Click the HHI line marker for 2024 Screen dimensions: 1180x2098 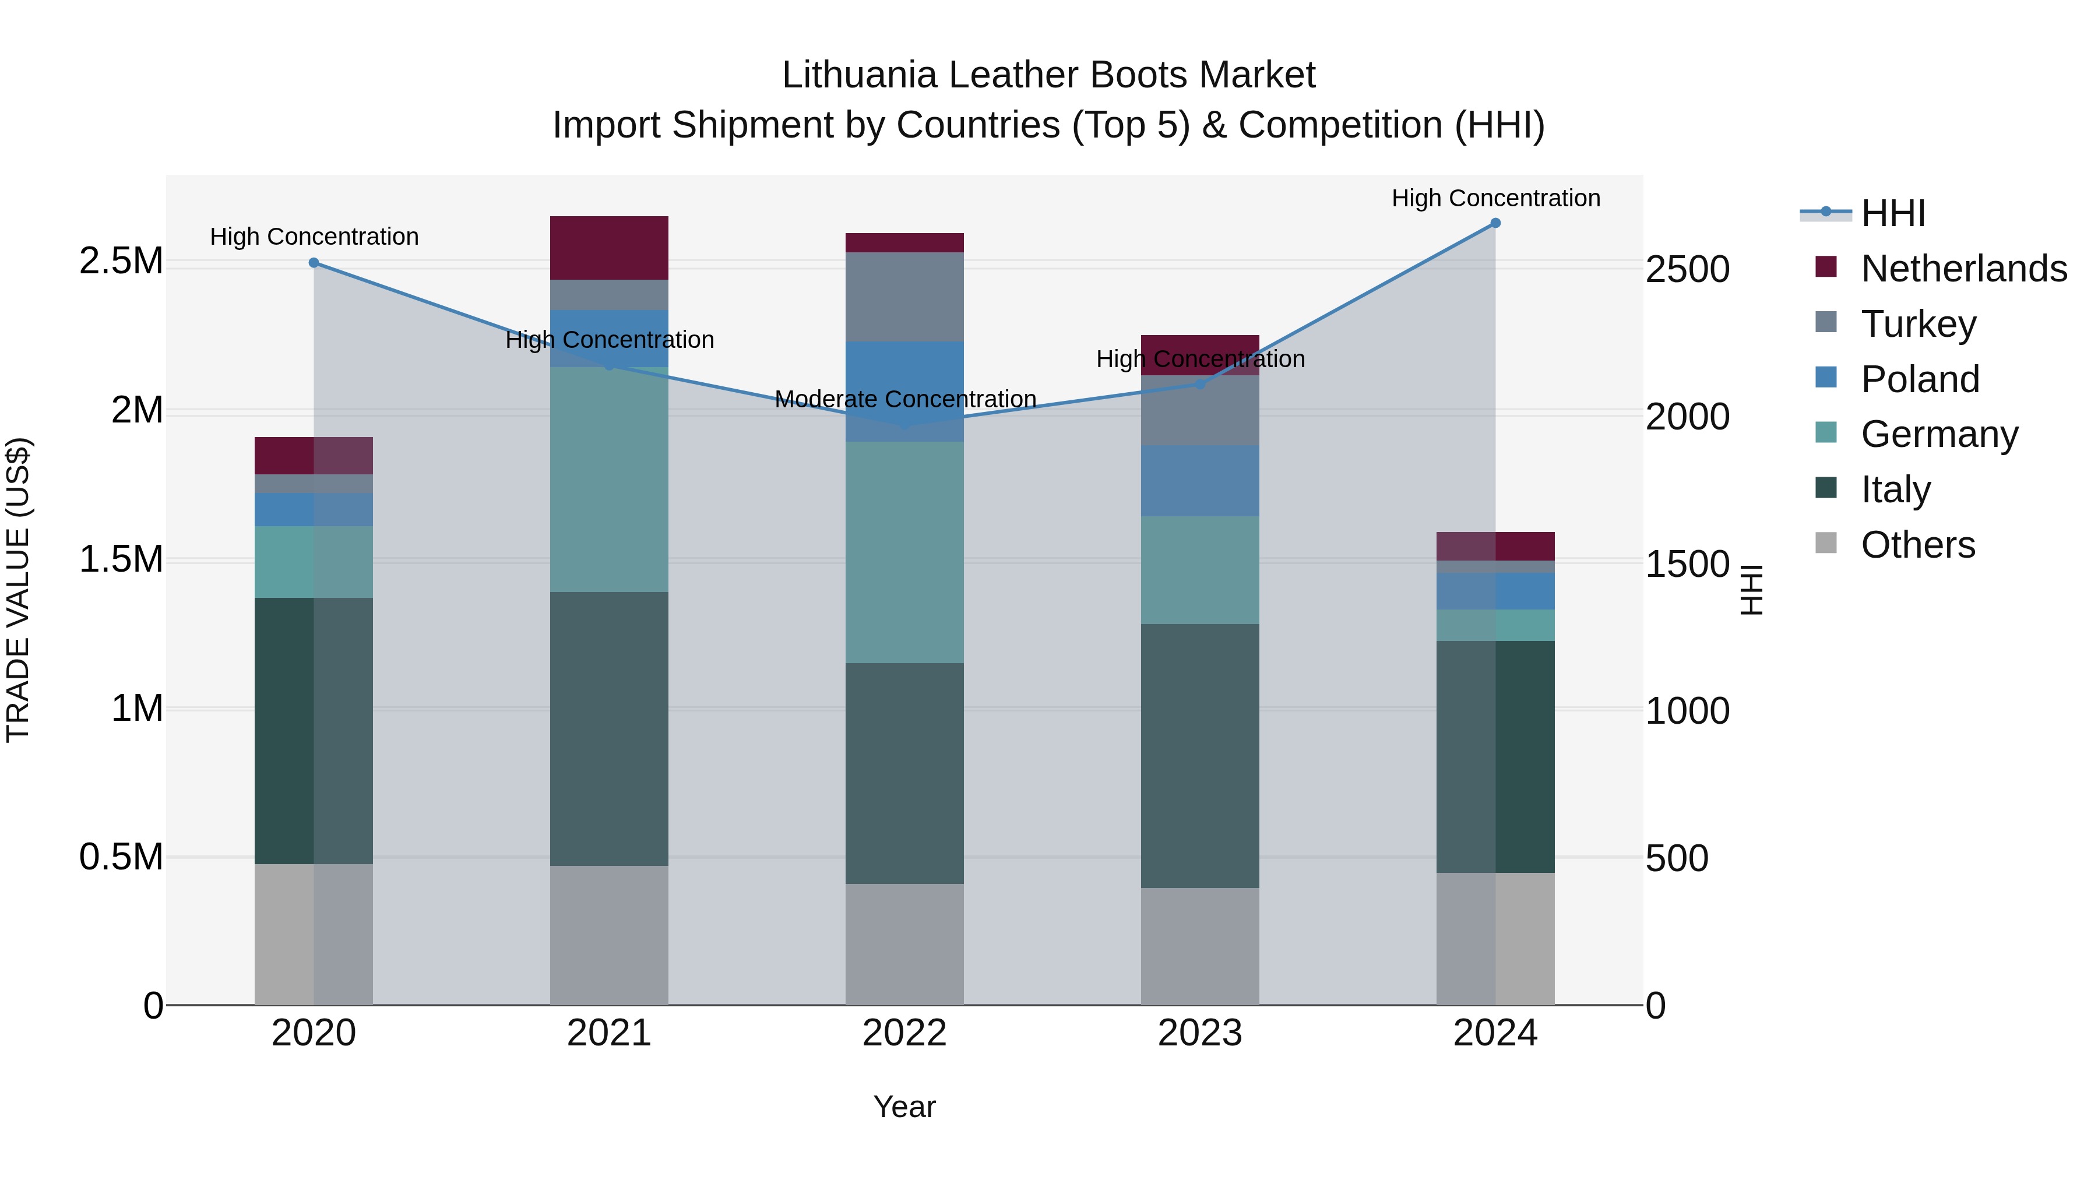1495,223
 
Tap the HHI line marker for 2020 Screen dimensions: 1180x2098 314,263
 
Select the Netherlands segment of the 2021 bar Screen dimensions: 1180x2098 609,248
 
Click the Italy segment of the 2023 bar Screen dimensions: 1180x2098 1200,756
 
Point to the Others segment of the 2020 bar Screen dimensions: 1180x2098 314,934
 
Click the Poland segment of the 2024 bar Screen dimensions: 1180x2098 1495,591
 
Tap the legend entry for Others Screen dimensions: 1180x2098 1917,545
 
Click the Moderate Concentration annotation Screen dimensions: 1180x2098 905,399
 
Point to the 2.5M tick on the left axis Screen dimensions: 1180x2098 121,262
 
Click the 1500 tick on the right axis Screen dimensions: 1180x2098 1687,563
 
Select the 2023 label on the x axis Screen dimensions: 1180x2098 1200,1033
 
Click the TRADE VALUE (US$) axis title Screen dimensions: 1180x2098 18,590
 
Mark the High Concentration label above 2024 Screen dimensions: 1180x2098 1495,198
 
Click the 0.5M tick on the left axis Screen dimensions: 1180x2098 121,857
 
